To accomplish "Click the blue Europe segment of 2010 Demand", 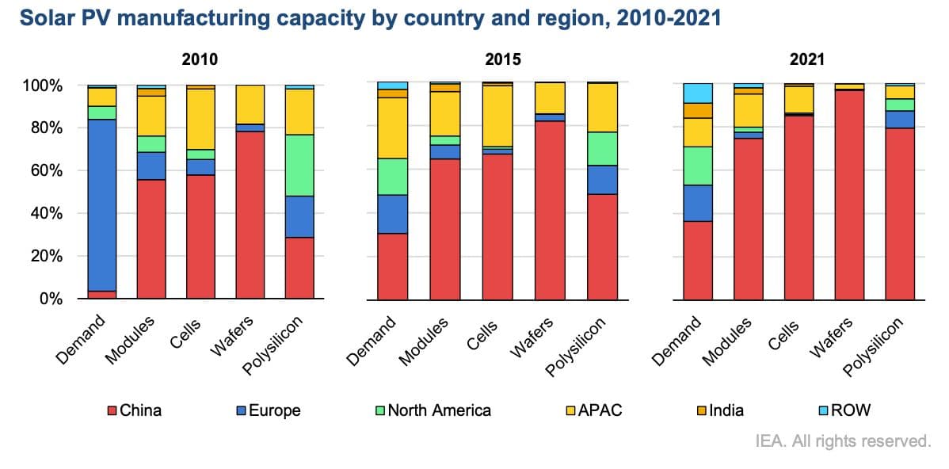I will point(102,205).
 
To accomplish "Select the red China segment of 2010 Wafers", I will point(250,215).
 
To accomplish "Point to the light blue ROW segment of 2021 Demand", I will point(698,93).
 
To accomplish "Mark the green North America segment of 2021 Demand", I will point(698,166).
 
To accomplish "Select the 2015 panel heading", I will point(505,59).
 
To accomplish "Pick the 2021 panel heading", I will point(808,59).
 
